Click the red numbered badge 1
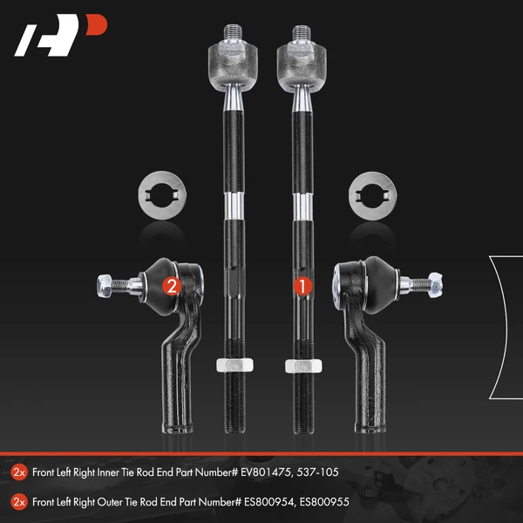tap(302, 284)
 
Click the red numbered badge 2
tap(172, 284)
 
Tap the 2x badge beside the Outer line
tap(19, 501)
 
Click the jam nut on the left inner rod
tap(228, 365)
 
